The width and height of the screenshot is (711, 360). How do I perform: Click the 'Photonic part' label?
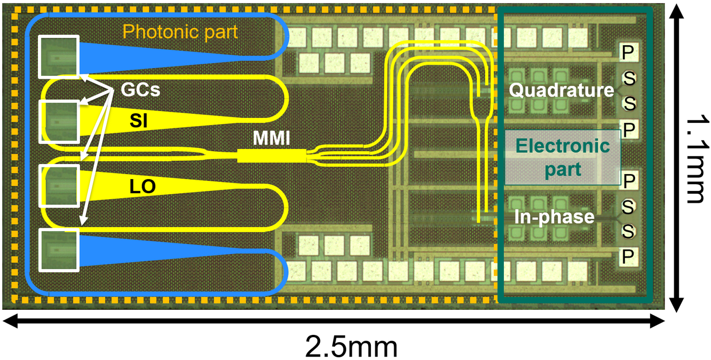click(x=180, y=32)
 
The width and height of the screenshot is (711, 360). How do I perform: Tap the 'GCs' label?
click(x=141, y=90)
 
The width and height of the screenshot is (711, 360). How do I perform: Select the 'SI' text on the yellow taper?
click(x=139, y=121)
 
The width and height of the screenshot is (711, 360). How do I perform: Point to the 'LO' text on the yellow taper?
click(x=142, y=186)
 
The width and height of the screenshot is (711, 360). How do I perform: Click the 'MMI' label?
click(x=271, y=138)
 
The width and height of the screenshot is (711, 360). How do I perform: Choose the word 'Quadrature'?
click(x=561, y=90)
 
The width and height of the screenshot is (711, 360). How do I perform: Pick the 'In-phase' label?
click(x=554, y=217)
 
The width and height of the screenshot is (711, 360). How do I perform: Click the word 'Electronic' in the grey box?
click(x=562, y=146)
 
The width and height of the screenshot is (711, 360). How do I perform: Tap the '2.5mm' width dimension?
click(x=351, y=347)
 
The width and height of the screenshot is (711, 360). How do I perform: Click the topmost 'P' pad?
click(x=628, y=52)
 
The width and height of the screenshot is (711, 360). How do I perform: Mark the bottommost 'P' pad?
click(x=628, y=256)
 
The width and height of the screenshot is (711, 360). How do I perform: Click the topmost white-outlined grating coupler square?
click(x=59, y=57)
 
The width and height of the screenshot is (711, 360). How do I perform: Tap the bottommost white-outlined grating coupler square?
click(x=59, y=250)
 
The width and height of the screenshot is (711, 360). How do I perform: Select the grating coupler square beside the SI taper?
click(x=59, y=122)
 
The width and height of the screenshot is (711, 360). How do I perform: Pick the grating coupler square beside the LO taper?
click(x=59, y=186)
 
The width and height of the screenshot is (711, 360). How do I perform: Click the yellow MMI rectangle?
click(x=271, y=156)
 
